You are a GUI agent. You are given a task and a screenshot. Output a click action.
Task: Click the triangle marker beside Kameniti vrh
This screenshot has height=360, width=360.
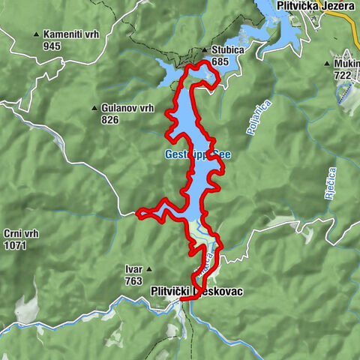pyautogui.click(x=36, y=34)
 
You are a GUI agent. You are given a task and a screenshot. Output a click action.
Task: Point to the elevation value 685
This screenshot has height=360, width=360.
pyautogui.click(x=219, y=61)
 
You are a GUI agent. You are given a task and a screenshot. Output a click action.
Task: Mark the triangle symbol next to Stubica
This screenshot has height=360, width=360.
pyautogui.click(x=204, y=51)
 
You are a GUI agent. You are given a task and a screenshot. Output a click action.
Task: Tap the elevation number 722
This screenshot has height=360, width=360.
pyautogui.click(x=343, y=76)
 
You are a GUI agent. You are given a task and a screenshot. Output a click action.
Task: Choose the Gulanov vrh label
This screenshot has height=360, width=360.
pyautogui.click(x=127, y=108)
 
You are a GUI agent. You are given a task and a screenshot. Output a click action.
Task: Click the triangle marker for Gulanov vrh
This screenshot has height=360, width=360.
pyautogui.click(x=94, y=108)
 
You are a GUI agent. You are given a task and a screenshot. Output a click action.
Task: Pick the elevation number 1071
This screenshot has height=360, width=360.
pyautogui.click(x=14, y=244)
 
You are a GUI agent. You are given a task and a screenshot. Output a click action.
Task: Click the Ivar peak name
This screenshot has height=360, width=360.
pyautogui.click(x=133, y=268)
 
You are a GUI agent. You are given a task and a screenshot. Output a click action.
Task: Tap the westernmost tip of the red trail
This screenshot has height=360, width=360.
pyautogui.click(x=137, y=214)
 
